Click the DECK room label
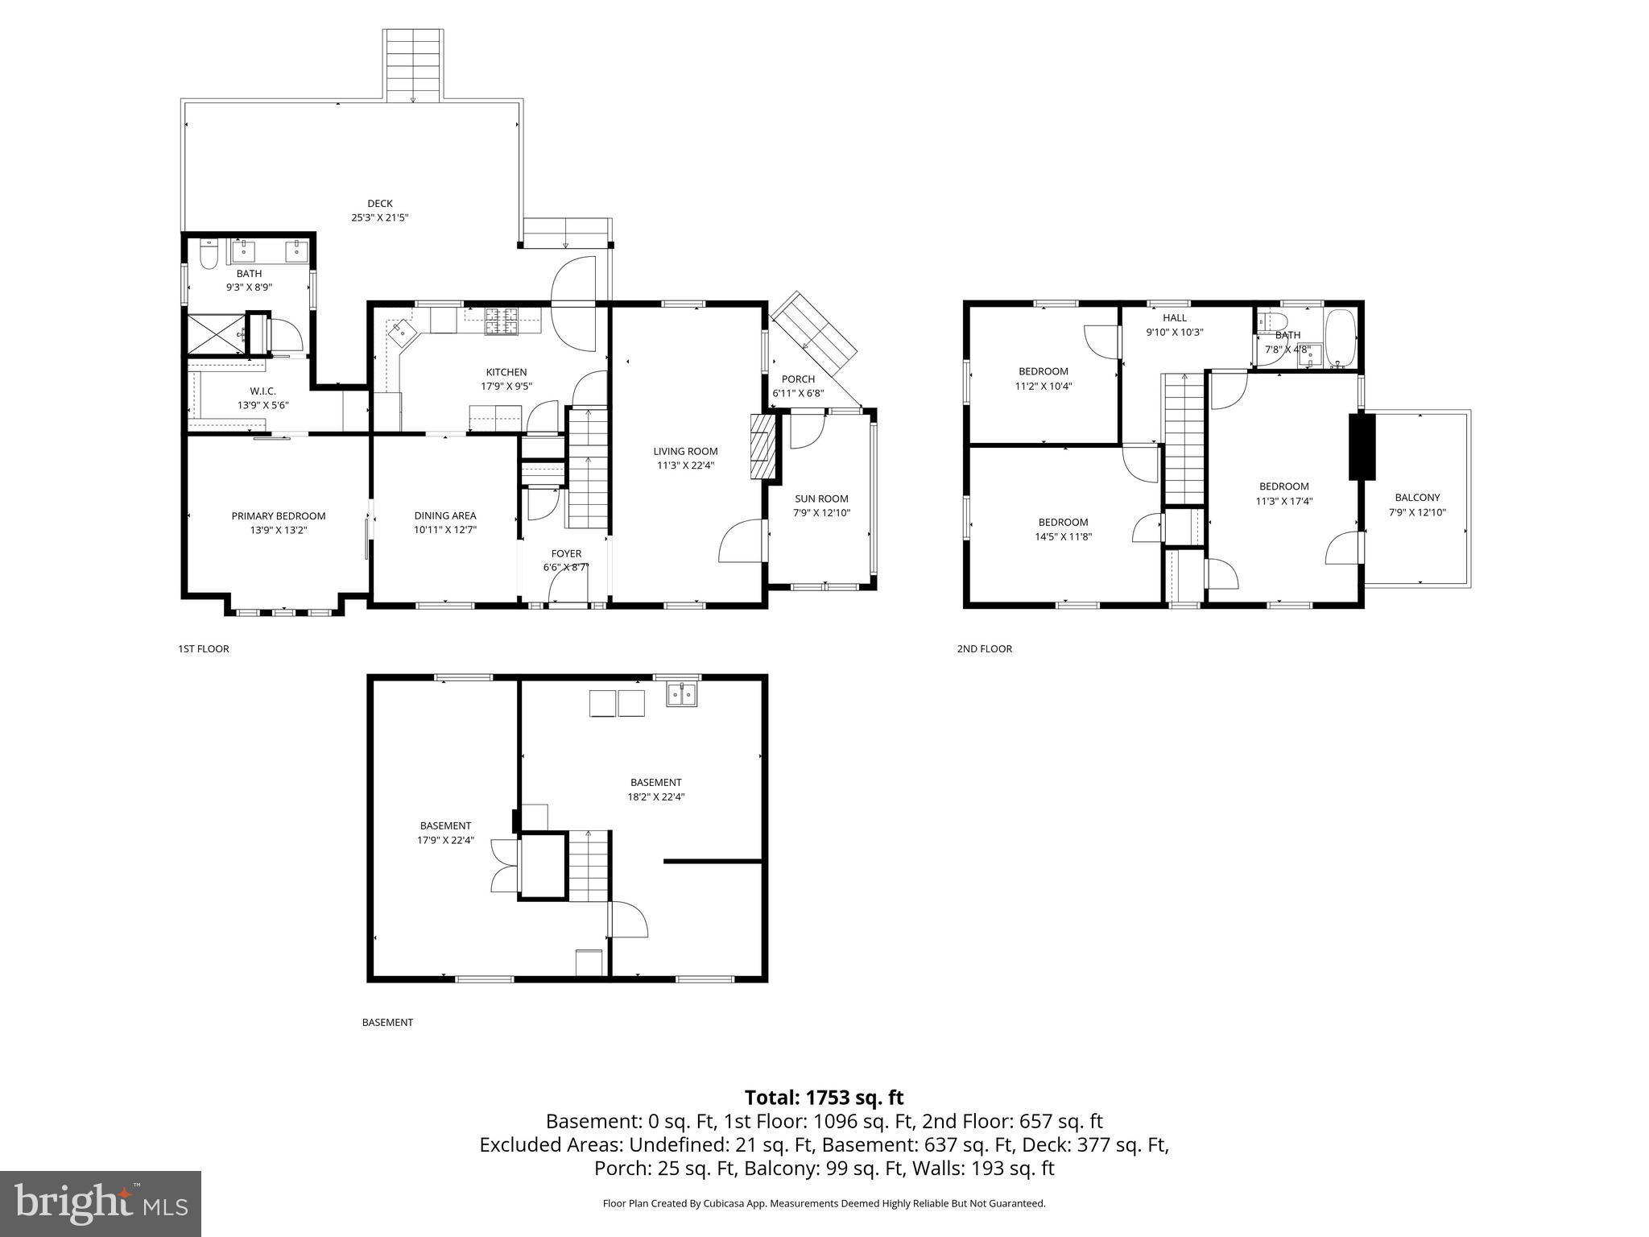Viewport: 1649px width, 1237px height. point(380,204)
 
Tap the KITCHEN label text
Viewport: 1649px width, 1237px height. point(506,372)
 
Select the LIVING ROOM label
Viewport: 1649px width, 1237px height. point(685,451)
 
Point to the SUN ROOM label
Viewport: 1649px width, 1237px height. point(821,499)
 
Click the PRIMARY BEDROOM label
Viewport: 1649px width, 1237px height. point(279,516)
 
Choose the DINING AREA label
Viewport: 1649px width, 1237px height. point(445,515)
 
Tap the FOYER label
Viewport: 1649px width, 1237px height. point(566,553)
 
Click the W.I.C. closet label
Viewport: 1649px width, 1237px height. point(262,391)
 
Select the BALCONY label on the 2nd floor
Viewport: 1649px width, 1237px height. point(1417,498)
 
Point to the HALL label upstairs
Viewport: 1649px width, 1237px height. point(1175,318)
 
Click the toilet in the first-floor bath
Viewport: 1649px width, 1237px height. point(209,255)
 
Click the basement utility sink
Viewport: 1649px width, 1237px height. point(682,694)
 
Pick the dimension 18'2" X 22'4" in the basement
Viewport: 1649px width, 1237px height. point(655,797)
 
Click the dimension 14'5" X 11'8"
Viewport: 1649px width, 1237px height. point(1063,536)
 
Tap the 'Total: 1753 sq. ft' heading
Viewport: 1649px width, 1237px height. point(824,1098)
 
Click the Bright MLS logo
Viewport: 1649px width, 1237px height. point(101,1203)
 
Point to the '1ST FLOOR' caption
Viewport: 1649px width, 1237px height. point(204,649)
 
